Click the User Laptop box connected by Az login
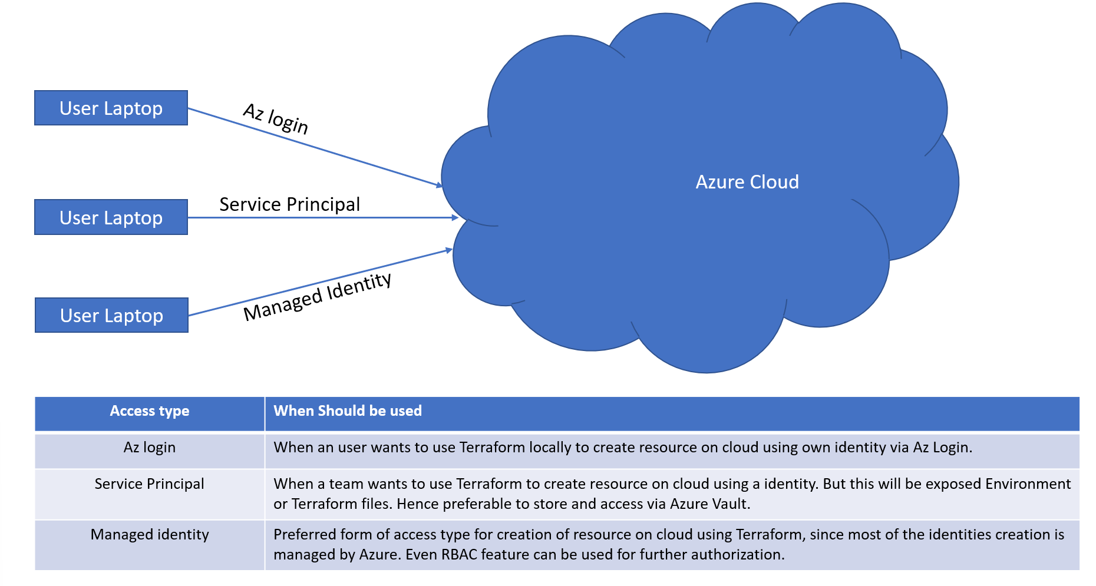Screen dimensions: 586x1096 point(111,108)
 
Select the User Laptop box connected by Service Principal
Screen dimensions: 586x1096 point(111,217)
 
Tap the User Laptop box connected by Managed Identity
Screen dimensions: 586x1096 point(111,315)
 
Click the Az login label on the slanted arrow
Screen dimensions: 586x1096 point(276,119)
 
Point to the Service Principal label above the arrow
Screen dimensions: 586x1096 point(289,204)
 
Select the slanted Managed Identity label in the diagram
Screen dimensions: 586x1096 point(318,297)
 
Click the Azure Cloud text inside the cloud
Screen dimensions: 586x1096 point(747,182)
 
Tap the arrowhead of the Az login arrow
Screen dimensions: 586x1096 point(439,185)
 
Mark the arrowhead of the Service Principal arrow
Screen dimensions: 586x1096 point(455,218)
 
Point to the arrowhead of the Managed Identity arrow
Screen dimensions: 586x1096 point(449,251)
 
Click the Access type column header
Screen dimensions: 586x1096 point(150,411)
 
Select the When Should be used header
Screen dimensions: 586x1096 point(348,411)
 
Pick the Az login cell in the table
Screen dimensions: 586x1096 point(150,448)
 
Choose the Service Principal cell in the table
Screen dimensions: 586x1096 point(150,484)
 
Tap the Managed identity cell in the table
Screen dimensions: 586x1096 point(150,535)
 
